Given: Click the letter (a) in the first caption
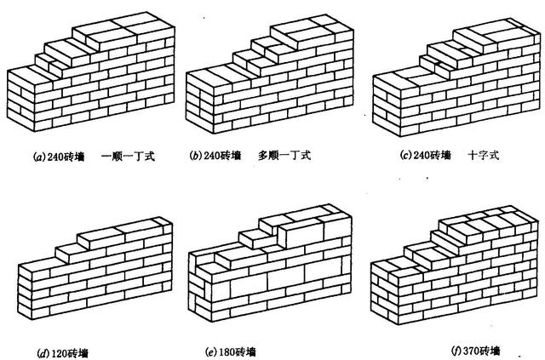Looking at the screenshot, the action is click(x=40, y=157).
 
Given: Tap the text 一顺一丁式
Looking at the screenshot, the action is click(x=128, y=157).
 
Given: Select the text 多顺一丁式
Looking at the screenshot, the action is click(x=284, y=155).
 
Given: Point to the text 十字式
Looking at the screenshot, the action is click(x=484, y=155).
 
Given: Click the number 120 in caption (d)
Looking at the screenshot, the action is click(x=59, y=354).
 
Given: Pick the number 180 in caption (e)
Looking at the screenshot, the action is click(x=227, y=352).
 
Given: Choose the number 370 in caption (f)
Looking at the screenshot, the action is click(x=471, y=351).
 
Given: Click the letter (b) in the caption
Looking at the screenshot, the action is click(x=196, y=156).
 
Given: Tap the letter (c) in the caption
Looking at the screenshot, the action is click(x=406, y=155).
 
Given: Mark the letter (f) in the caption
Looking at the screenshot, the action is click(x=456, y=351).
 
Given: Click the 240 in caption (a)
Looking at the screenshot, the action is click(x=55, y=157).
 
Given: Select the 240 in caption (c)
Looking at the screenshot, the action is click(x=422, y=155).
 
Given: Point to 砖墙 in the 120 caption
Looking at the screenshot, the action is click(x=77, y=354).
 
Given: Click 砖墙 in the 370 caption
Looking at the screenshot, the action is click(x=490, y=351).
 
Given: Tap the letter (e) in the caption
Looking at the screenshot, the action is click(x=212, y=352).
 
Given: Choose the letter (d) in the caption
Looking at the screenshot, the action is click(x=43, y=354).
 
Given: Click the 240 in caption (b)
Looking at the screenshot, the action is click(x=212, y=156).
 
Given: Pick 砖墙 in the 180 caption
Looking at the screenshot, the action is click(x=246, y=352).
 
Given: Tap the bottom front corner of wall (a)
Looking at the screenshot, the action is click(x=34, y=131).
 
